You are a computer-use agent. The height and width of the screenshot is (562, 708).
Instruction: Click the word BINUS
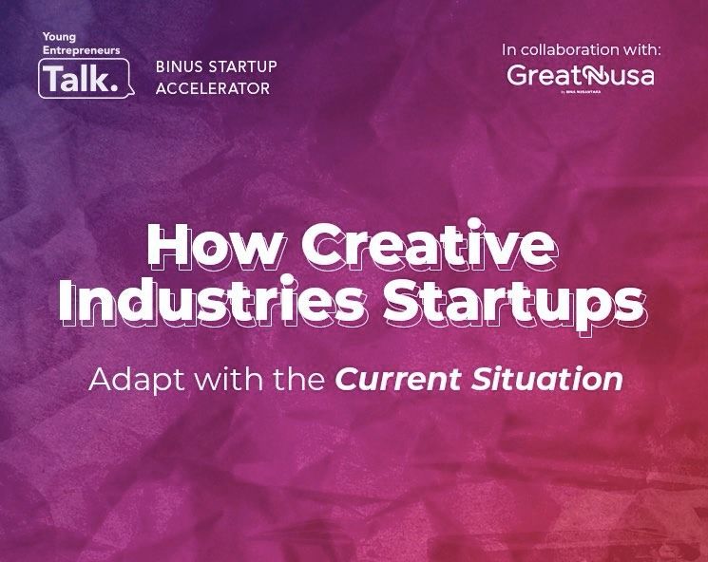tap(179, 68)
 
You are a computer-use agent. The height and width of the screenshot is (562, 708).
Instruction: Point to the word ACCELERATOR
tap(213, 88)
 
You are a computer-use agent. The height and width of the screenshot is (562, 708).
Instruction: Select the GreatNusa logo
tap(580, 76)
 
